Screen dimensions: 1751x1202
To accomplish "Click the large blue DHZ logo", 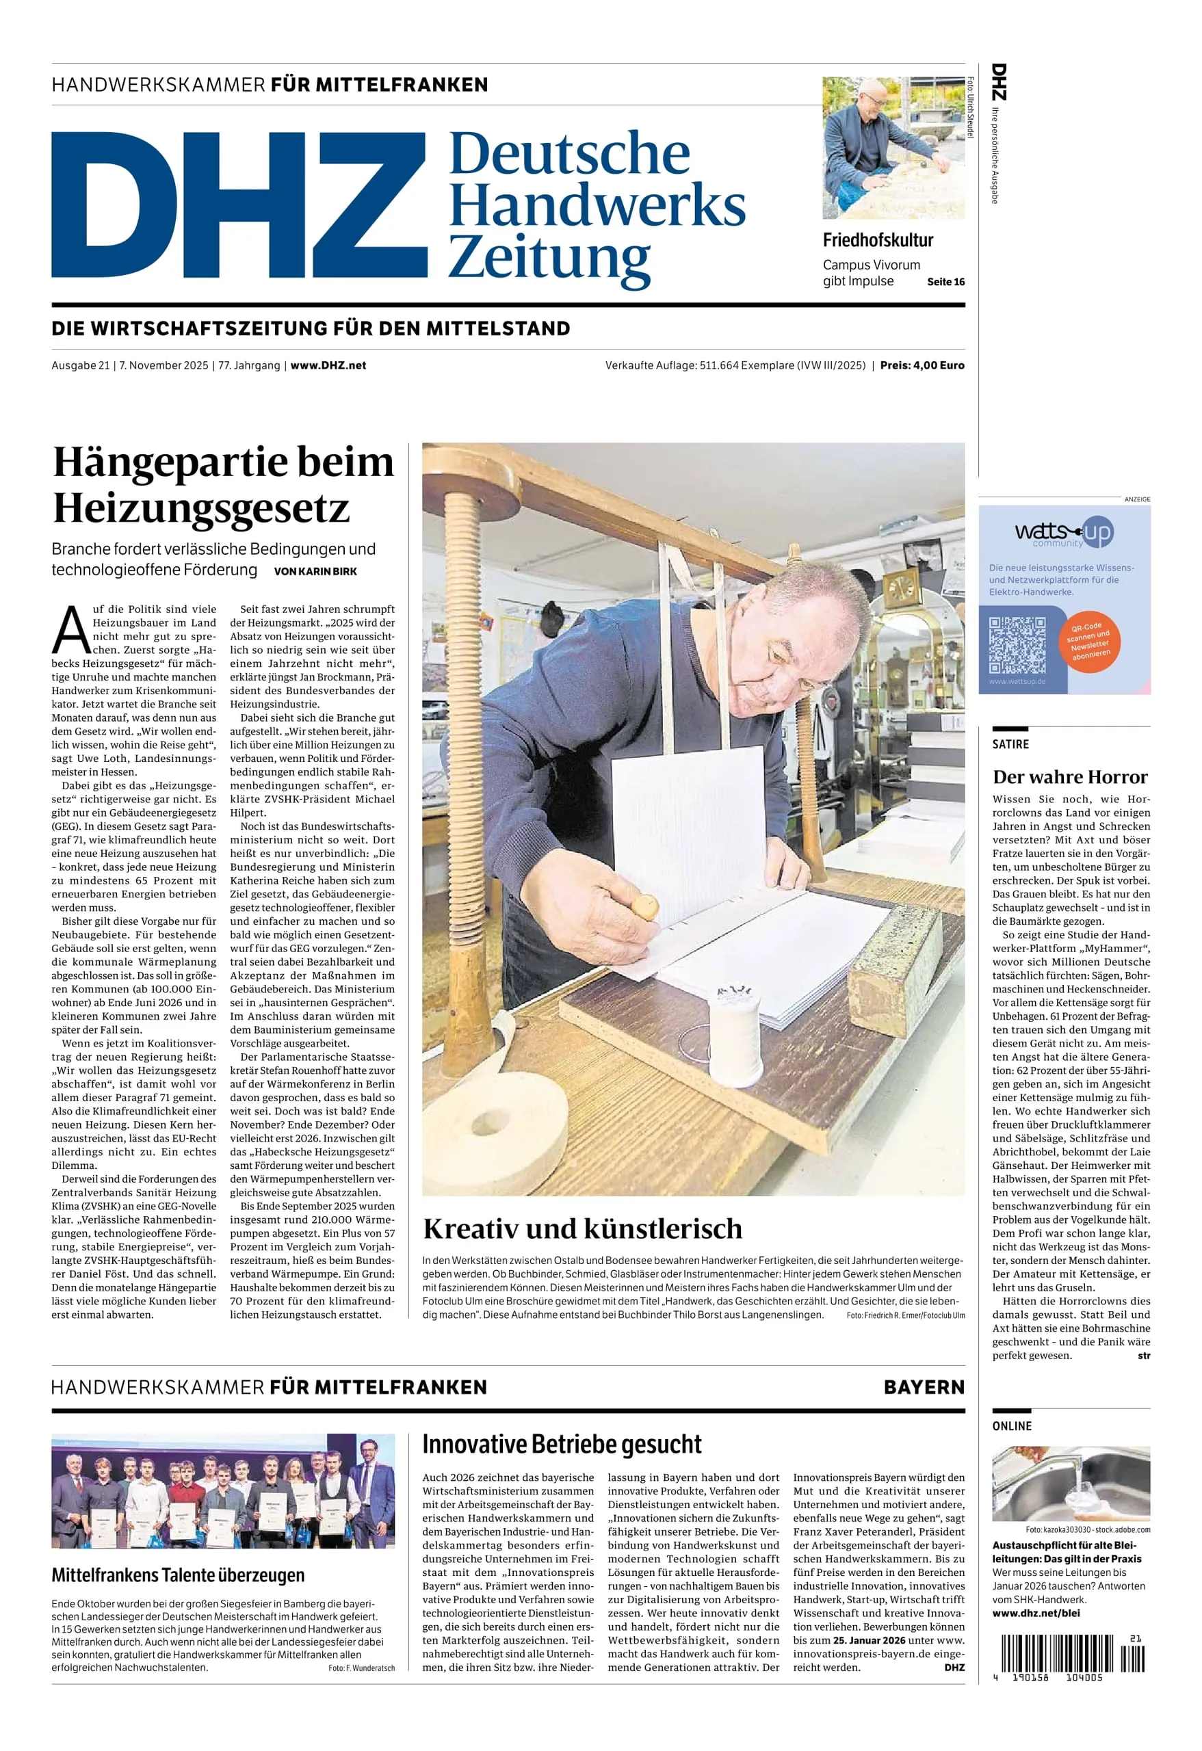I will pos(239,205).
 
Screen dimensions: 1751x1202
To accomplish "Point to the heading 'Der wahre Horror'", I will pos(1069,777).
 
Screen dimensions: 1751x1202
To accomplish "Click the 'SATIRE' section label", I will pos(1010,744).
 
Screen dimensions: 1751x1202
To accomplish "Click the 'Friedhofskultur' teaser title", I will pos(877,240).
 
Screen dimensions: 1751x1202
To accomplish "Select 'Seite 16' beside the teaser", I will pos(945,282).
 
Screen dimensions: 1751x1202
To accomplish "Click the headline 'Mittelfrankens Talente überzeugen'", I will pos(178,1575).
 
